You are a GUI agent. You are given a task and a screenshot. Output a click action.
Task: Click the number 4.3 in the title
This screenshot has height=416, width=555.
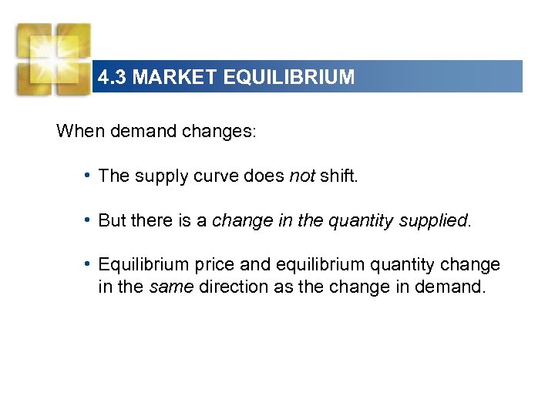point(112,78)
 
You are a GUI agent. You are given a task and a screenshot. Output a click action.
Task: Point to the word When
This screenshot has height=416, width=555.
point(81,131)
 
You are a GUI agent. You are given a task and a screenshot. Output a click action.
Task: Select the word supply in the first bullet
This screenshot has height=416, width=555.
point(158,176)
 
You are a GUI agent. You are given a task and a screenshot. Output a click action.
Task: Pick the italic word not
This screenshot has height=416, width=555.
point(302,176)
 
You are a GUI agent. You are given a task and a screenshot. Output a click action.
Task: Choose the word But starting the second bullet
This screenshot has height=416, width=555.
point(113,220)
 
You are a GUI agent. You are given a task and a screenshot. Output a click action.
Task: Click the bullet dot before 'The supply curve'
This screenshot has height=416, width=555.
point(90,175)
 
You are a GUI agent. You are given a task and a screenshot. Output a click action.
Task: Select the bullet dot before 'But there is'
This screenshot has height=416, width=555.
point(90,220)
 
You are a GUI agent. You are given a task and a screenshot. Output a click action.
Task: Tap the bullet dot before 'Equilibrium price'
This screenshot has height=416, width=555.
point(90,264)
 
